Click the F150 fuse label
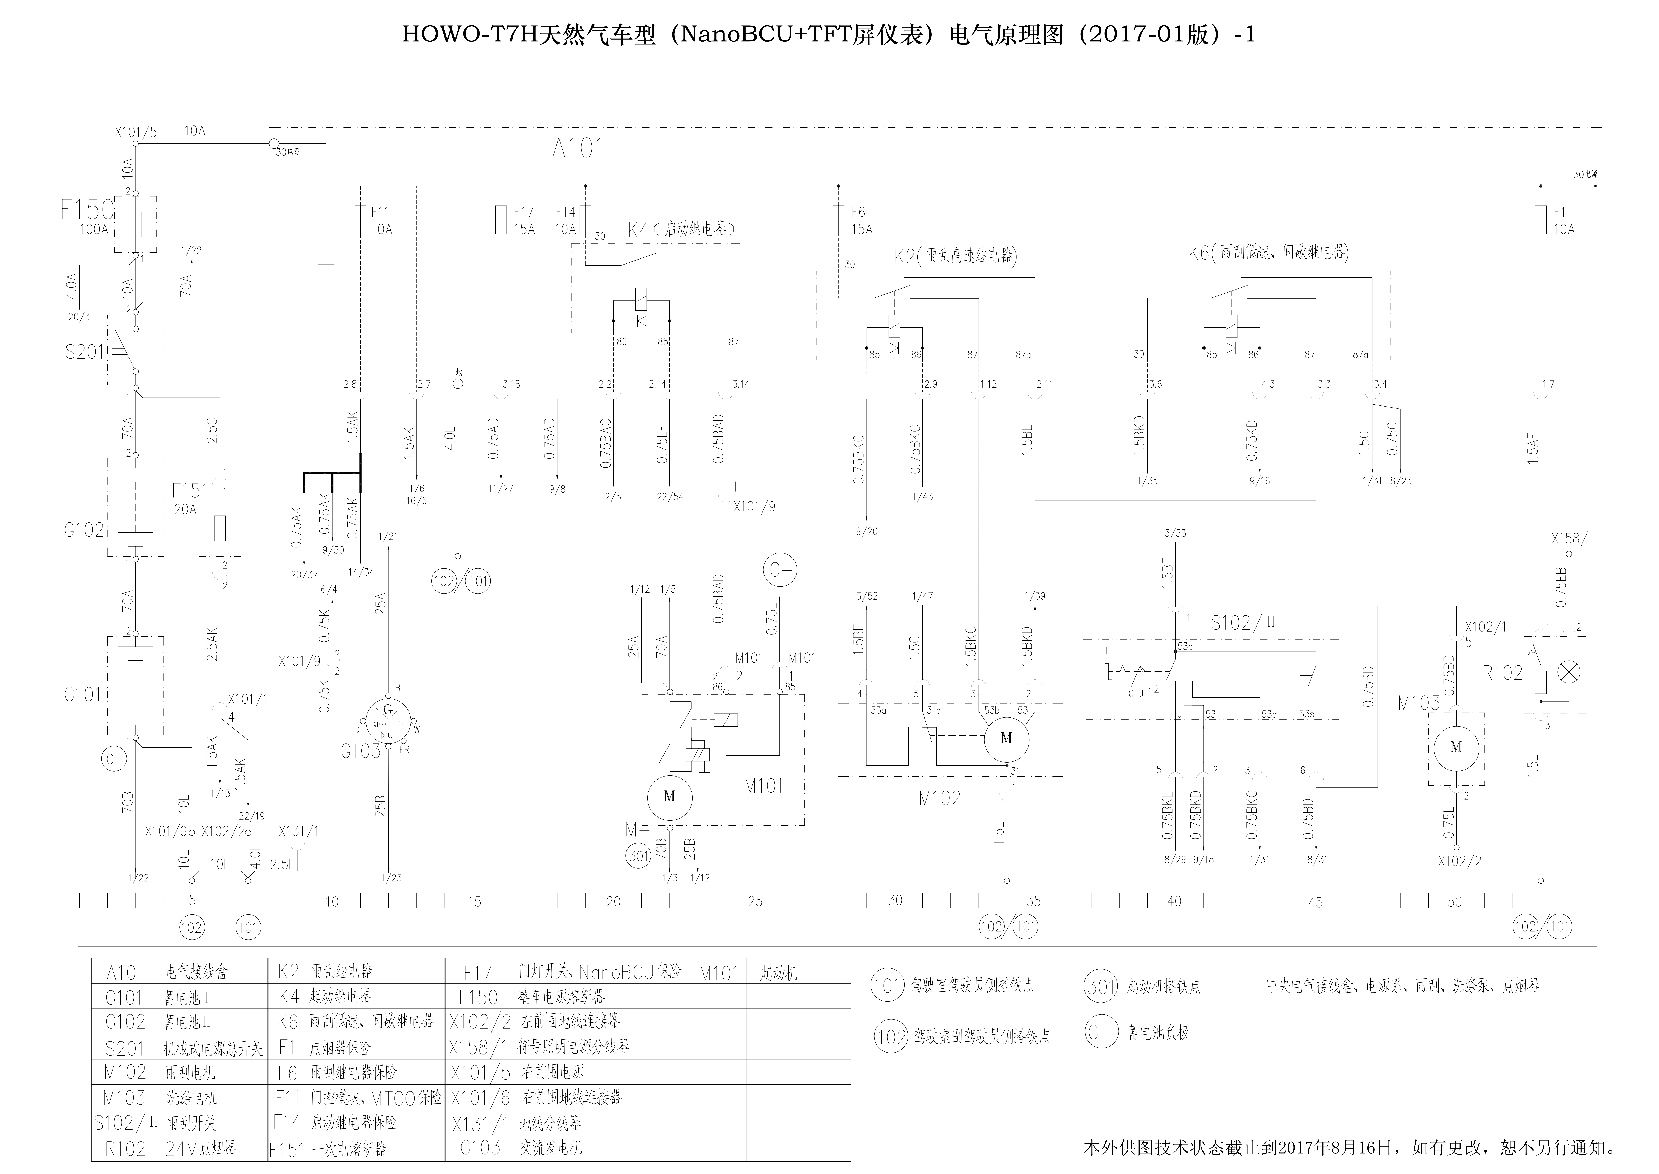coord(87,210)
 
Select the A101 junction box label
coord(577,148)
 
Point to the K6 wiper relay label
coord(1268,252)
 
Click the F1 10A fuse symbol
coord(1540,220)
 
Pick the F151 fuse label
coord(189,491)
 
